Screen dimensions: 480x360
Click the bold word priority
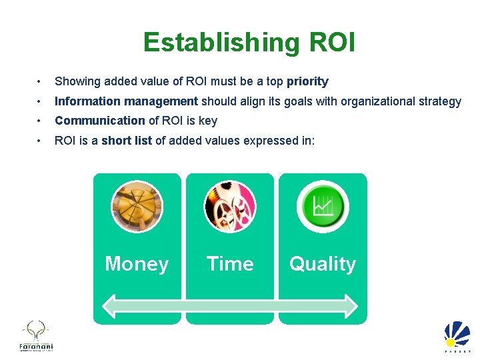point(307,82)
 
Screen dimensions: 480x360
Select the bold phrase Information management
point(126,101)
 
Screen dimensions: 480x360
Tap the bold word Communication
point(99,121)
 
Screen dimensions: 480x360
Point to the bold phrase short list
point(127,141)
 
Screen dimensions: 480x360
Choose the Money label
point(137,264)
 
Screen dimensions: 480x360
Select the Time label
point(230,264)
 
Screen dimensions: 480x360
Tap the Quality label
point(323,264)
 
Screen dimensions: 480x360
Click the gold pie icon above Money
point(137,205)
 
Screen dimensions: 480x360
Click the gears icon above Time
point(230,205)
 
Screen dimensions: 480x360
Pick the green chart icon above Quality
point(323,205)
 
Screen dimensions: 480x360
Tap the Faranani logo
point(35,336)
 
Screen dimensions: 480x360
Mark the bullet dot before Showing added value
point(41,82)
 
